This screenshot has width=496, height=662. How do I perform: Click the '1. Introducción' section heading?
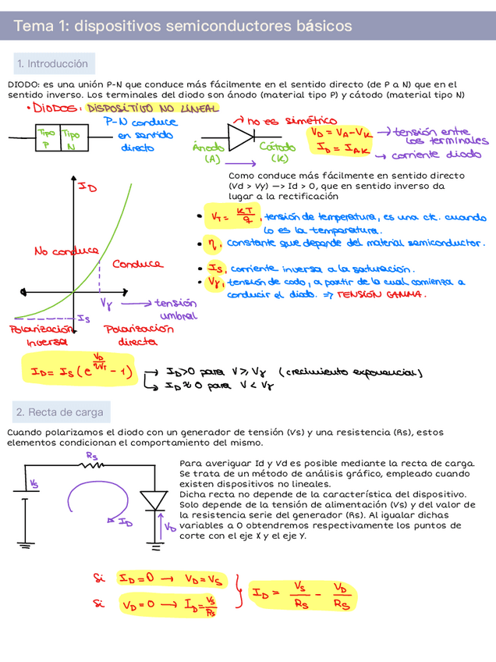(52, 64)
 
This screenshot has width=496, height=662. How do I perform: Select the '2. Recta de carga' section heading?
(59, 412)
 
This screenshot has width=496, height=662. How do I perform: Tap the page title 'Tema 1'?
(182, 27)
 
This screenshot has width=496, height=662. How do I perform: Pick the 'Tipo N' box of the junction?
(72, 139)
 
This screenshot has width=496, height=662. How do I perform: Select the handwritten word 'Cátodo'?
(277, 148)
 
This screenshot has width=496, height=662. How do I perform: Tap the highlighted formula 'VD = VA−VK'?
(341, 133)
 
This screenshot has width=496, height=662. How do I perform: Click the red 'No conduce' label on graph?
(66, 251)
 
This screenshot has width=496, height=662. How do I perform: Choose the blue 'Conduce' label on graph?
(137, 265)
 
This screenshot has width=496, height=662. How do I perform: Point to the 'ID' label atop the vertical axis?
(87, 188)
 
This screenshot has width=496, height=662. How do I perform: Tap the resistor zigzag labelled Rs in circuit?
(93, 465)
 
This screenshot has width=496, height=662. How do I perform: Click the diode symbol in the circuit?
(158, 500)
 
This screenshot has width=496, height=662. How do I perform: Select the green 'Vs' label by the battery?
(34, 484)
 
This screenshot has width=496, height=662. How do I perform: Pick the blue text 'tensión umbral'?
(176, 310)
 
